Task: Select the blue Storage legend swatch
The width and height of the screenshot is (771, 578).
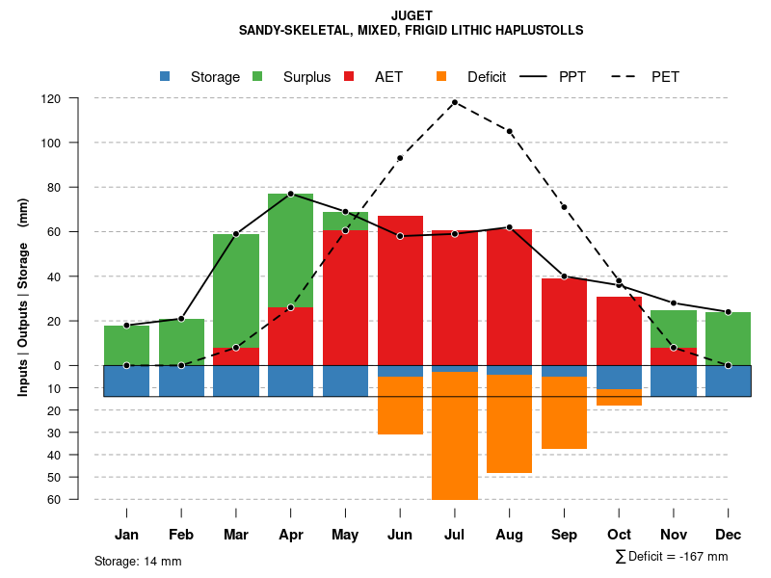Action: tap(165, 76)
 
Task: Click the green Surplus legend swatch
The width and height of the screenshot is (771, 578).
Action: tap(257, 76)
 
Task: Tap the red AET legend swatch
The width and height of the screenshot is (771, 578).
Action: tap(349, 76)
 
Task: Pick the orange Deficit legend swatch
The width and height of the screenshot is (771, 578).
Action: tap(441, 76)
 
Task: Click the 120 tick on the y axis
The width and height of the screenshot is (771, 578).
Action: tap(51, 98)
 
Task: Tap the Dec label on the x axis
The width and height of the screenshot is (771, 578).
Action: tap(729, 535)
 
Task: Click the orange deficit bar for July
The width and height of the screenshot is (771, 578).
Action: tap(455, 435)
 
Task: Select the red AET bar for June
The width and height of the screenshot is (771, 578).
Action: tap(400, 291)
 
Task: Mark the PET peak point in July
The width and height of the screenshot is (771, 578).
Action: tap(455, 102)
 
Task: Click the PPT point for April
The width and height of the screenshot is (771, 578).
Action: tap(290, 194)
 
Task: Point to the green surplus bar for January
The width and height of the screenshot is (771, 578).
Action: tap(126, 345)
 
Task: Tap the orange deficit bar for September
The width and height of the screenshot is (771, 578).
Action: tap(564, 412)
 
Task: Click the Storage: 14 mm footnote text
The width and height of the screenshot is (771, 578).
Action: tap(138, 561)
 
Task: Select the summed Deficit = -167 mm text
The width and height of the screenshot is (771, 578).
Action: tap(671, 557)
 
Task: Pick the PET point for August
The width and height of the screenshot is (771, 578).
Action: tap(509, 131)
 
